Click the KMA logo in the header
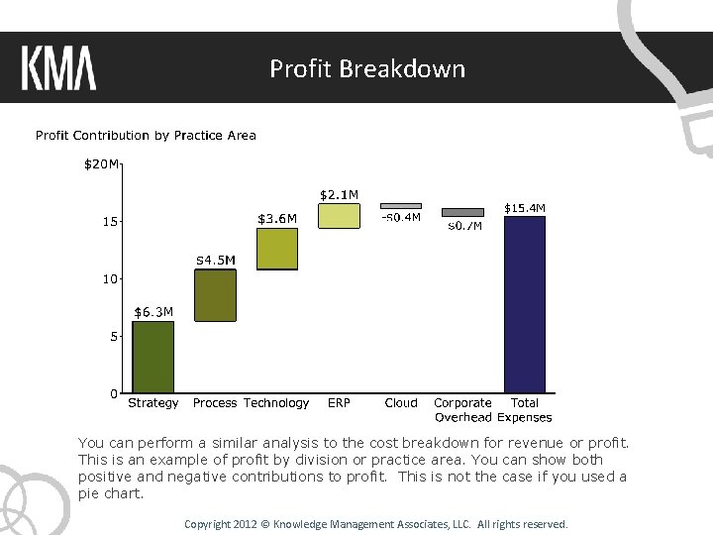tap(58, 68)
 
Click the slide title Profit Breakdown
tap(367, 68)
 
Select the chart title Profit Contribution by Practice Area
tap(146, 136)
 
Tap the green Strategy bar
tap(153, 357)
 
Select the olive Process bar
tap(215, 295)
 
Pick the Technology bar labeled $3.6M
tap(277, 249)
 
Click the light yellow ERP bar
tap(339, 216)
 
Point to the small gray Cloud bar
tap(401, 206)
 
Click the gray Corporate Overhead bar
tap(462, 212)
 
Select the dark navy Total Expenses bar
tap(524, 304)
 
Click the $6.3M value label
tap(153, 312)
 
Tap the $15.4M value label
tap(525, 208)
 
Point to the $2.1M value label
tap(339, 194)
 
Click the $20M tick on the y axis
tap(101, 164)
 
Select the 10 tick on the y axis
tap(111, 279)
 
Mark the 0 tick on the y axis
tap(115, 393)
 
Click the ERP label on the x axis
tap(339, 403)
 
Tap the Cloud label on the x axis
tap(401, 403)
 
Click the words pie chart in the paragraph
tap(110, 493)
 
